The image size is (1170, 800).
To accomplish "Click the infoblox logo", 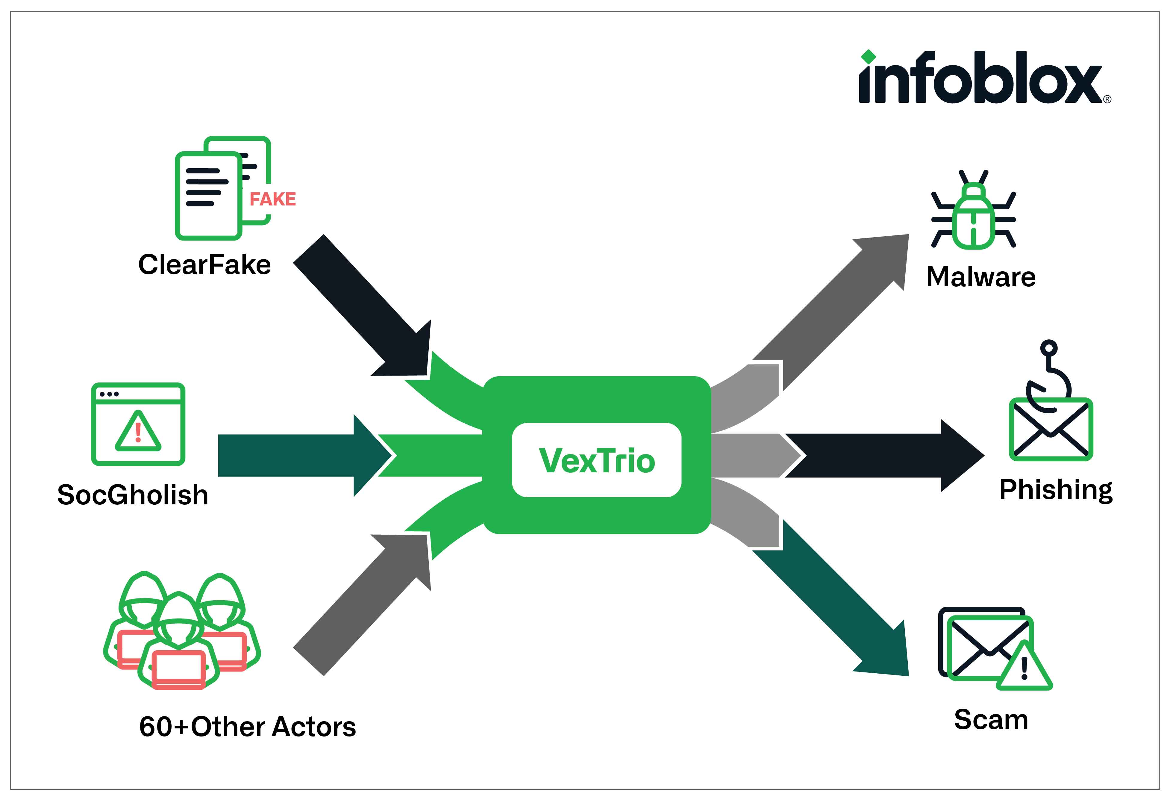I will tap(984, 78).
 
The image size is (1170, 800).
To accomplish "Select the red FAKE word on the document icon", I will tap(272, 199).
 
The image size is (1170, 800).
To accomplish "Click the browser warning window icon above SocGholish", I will tap(138, 424).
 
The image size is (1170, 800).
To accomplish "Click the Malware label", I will tap(981, 277).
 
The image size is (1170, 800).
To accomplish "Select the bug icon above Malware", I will tap(973, 211).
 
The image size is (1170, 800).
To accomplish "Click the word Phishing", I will tap(1056, 490).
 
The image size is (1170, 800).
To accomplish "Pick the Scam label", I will tap(991, 719).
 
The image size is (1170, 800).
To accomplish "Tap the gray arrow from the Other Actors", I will tap(363, 604).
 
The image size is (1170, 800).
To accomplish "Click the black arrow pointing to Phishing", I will tap(881, 456).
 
